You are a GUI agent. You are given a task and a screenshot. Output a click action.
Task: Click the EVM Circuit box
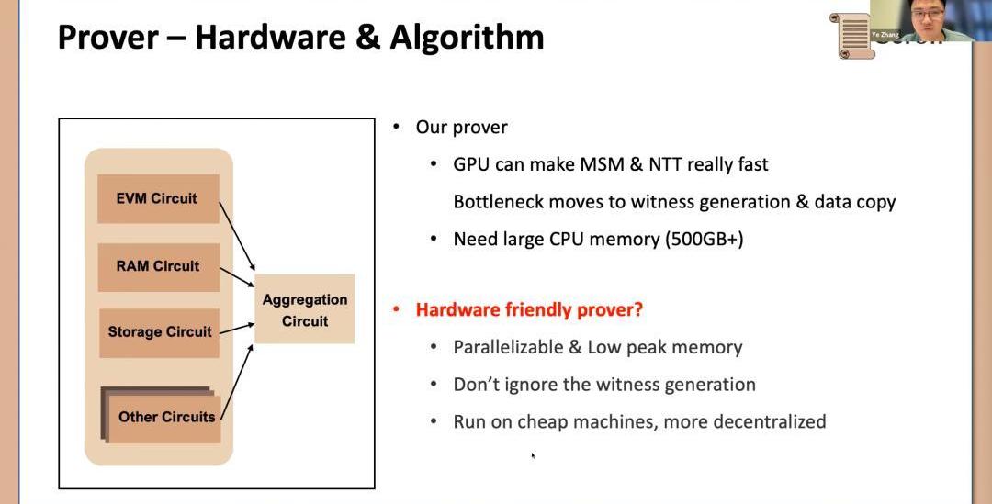pyautogui.click(x=158, y=198)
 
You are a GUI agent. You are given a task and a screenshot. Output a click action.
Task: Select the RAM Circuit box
pyautogui.click(x=158, y=266)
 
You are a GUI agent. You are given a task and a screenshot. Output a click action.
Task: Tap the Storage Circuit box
pyautogui.click(x=160, y=332)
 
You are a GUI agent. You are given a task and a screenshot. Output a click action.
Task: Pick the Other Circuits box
pyautogui.click(x=166, y=417)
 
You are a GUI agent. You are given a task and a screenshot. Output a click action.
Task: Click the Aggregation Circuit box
pyautogui.click(x=304, y=309)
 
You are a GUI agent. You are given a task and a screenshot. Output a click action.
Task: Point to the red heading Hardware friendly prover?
pyautogui.click(x=529, y=309)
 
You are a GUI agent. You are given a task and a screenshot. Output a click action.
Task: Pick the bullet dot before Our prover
pyautogui.click(x=397, y=127)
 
